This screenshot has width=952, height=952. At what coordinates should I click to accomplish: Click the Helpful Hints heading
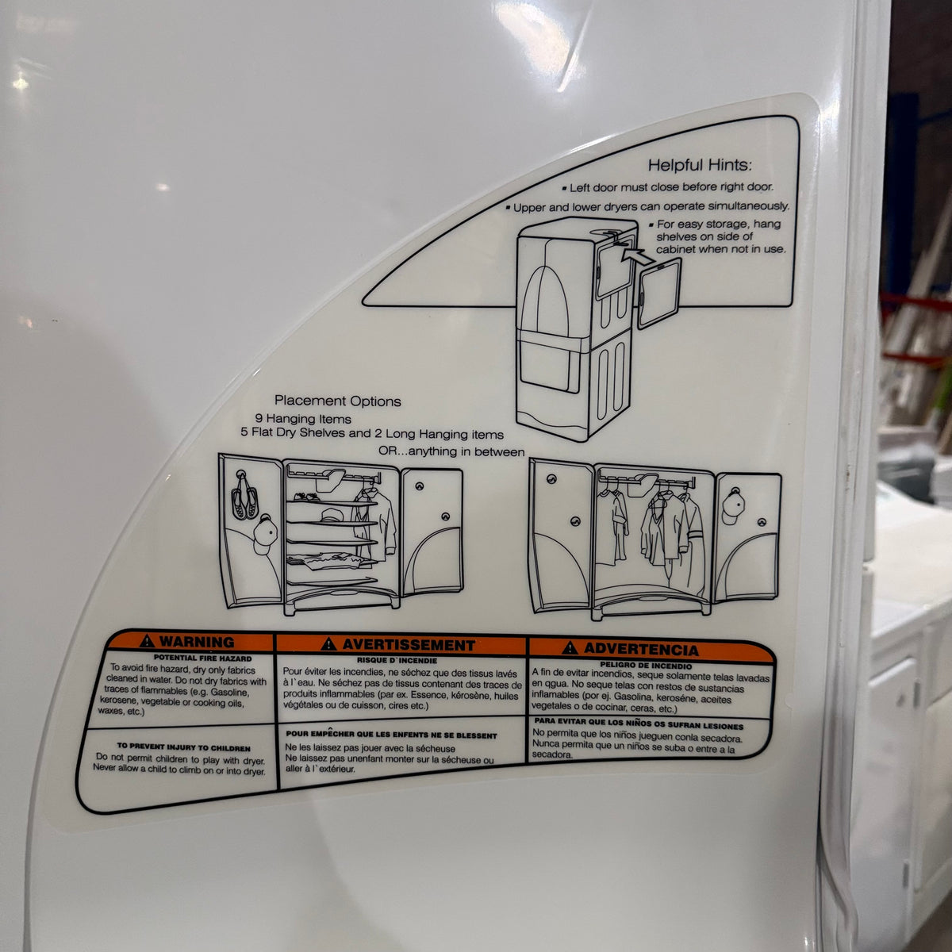pos(700,166)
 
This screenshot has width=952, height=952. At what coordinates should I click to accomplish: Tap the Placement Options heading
pos(338,401)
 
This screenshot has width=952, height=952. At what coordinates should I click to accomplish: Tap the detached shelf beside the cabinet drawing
pos(659,294)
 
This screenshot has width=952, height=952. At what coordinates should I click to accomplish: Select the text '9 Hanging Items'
pos(303,419)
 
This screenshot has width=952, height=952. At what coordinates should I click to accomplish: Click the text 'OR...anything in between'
pos(451,451)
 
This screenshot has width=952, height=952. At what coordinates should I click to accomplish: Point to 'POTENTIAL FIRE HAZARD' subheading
pos(202,658)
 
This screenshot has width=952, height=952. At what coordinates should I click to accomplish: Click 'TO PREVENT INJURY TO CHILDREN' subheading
pos(183,747)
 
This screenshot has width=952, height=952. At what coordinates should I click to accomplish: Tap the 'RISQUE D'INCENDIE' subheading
pos(397,661)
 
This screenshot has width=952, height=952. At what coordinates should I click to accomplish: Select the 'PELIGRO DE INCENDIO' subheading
pos(646,666)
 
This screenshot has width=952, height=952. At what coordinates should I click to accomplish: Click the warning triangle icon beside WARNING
pos(147,641)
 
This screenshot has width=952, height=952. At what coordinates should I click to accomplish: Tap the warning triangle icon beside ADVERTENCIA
pos(570,647)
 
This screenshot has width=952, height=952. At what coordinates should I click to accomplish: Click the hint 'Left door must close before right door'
pos(668,187)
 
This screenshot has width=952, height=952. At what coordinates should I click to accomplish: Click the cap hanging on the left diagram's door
pos(266,534)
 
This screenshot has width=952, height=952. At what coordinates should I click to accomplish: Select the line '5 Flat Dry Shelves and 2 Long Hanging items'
pos(372,434)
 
